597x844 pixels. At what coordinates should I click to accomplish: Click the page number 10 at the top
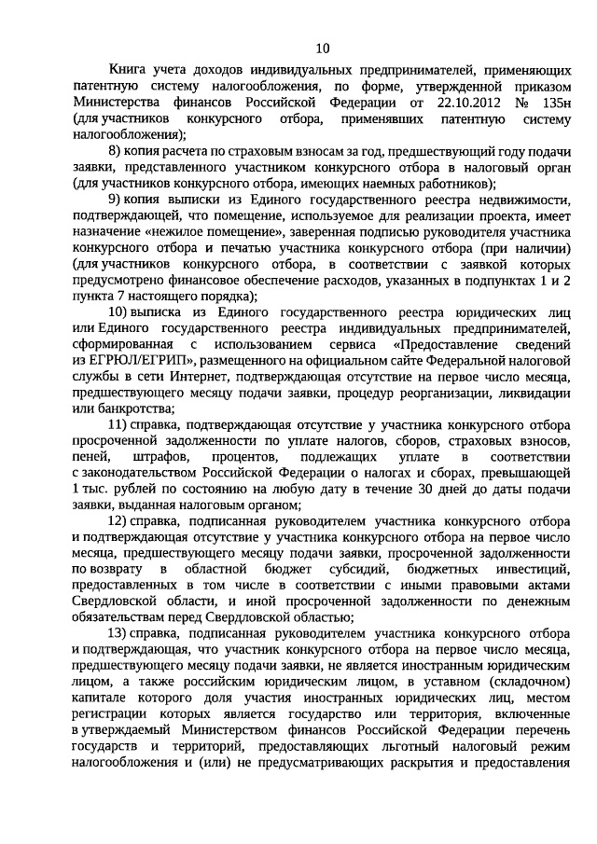click(x=322, y=48)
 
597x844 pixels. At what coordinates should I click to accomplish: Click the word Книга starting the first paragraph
click(x=130, y=69)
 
